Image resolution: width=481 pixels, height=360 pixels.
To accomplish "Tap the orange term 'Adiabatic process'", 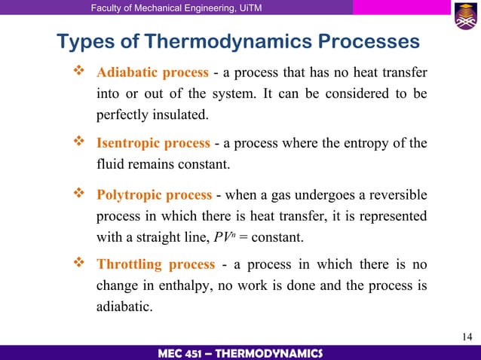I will click(153, 73).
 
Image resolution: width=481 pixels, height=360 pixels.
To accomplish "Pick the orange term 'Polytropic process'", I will click(155, 195).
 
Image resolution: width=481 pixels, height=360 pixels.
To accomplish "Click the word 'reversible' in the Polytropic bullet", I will click(397, 195).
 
